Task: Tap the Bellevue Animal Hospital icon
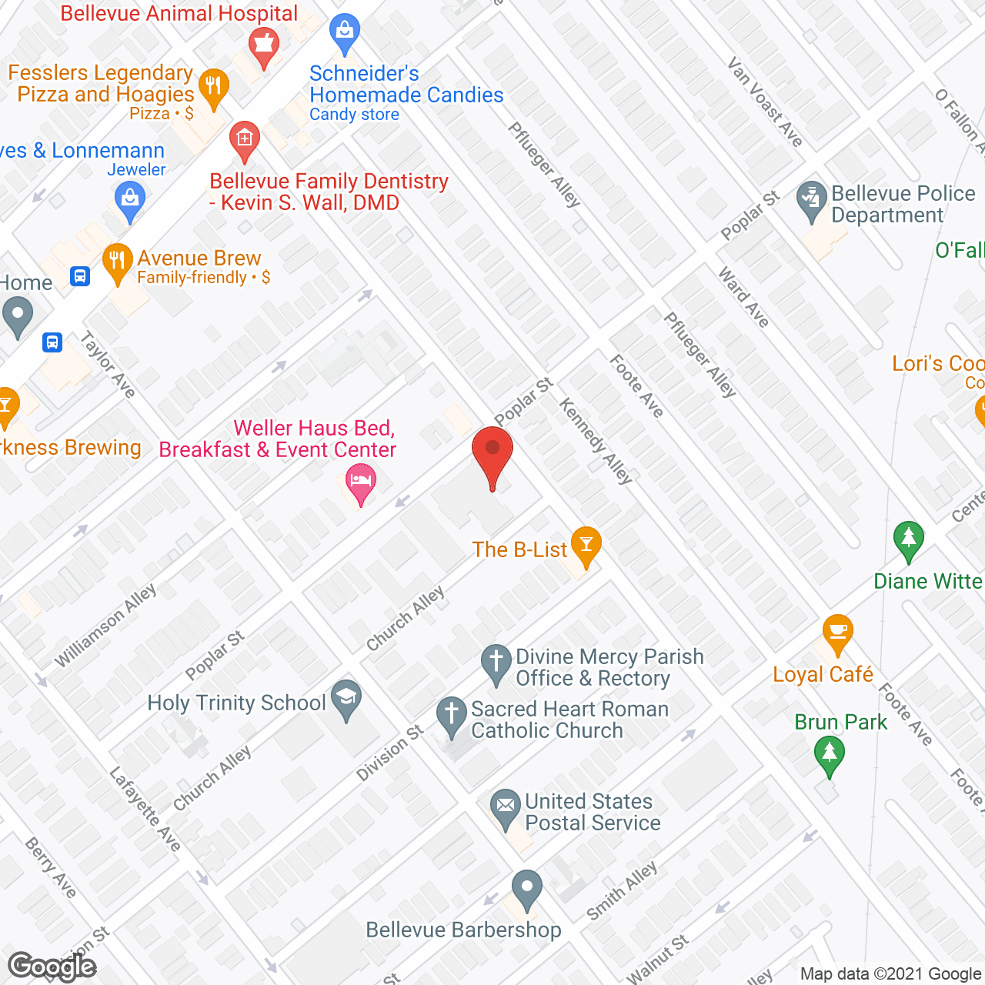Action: click(264, 46)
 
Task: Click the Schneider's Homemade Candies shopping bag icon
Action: click(344, 32)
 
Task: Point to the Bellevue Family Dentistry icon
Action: click(245, 139)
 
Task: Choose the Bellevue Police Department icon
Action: click(811, 199)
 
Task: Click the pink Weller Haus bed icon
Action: click(360, 484)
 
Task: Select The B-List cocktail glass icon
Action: click(586, 545)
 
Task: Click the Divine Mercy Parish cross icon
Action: click(496, 662)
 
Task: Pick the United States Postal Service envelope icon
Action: click(506, 807)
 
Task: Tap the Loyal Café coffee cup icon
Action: click(837, 633)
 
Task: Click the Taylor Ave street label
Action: click(108, 364)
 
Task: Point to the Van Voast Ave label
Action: click(766, 102)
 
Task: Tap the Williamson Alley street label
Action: click(106, 625)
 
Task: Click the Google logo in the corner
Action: click(52, 967)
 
